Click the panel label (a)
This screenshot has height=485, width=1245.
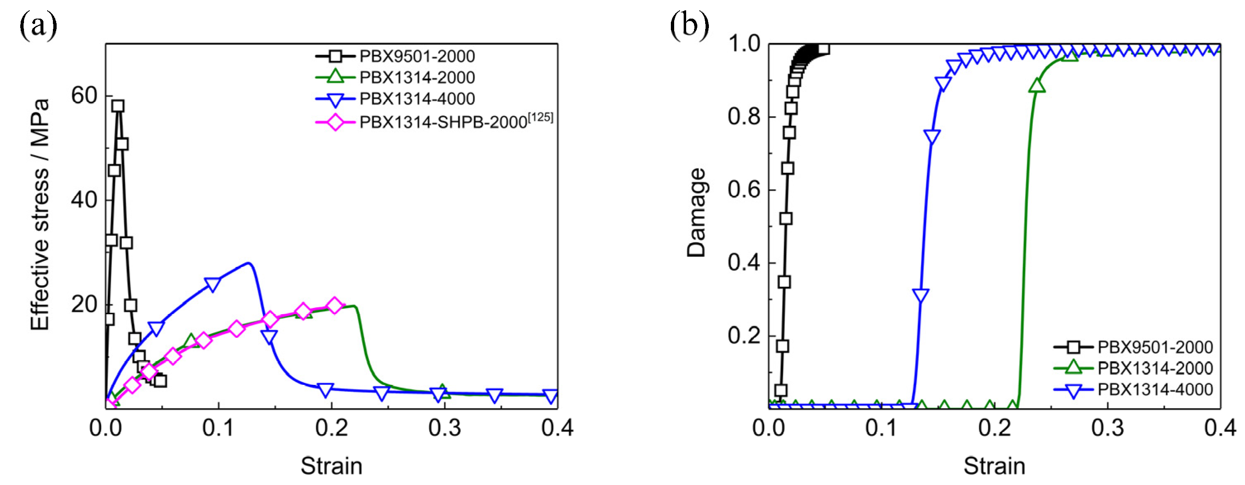pyautogui.click(x=38, y=26)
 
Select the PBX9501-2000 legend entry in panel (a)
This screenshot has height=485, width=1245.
pyautogui.click(x=417, y=57)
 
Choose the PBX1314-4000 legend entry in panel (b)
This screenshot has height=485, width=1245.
pyautogui.click(x=1154, y=389)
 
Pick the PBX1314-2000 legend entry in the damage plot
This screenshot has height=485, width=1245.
pyautogui.click(x=1154, y=368)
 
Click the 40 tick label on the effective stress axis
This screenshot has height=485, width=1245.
pyautogui.click(x=85, y=200)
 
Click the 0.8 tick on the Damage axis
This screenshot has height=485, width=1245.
pyautogui.click(x=744, y=117)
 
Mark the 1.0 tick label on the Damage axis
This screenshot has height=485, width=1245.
pyautogui.click(x=744, y=44)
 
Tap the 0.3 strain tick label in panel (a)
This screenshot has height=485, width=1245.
pyautogui.click(x=445, y=428)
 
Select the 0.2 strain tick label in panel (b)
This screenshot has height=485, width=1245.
pyautogui.click(x=995, y=428)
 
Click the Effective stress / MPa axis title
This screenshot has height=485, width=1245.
pyautogui.click(x=41, y=215)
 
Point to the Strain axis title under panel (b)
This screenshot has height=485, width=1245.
pyautogui.click(x=994, y=466)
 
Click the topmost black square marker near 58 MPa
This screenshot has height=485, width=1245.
pyautogui.click(x=117, y=106)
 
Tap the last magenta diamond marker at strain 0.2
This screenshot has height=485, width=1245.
pyautogui.click(x=334, y=306)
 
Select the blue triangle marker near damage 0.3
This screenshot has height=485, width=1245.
pyautogui.click(x=920, y=295)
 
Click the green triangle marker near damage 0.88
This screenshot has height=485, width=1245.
pyautogui.click(x=1037, y=86)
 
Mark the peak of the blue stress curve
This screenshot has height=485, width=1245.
pyautogui.click(x=248, y=263)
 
